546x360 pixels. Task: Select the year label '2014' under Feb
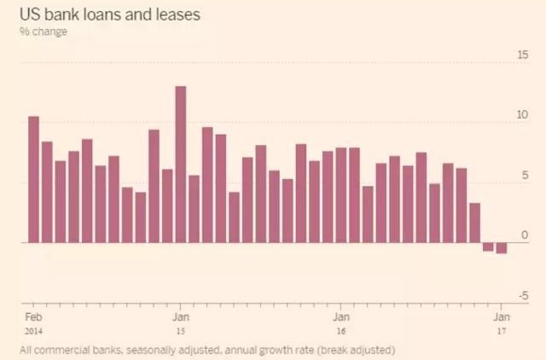(x=32, y=329)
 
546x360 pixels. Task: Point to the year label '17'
(x=501, y=329)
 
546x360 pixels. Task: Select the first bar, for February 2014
(x=33, y=179)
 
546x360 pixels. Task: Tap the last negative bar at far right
(x=502, y=248)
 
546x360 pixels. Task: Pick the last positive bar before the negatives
(x=474, y=223)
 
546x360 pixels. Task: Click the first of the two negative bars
(x=488, y=247)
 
